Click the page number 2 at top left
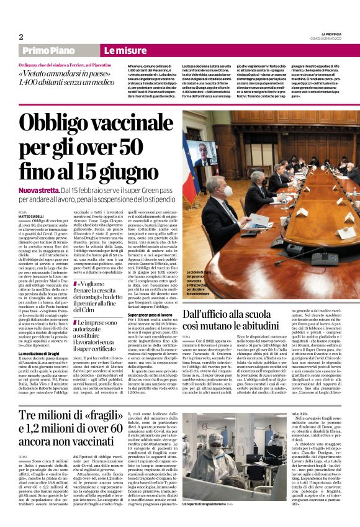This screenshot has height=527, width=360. [20, 37]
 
